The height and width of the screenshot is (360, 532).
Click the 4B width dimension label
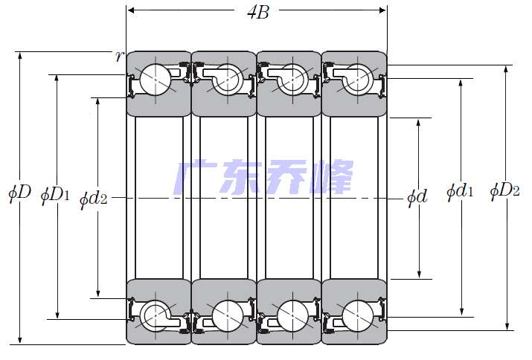[x=258, y=12]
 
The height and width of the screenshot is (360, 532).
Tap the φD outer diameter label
[x=19, y=193]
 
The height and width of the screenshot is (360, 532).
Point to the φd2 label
[x=93, y=199]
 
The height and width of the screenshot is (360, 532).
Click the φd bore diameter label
[x=417, y=197]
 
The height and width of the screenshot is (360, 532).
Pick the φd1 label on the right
[x=460, y=191]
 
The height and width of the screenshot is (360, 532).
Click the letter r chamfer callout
[x=118, y=56]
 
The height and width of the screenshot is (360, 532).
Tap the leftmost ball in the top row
[x=155, y=80]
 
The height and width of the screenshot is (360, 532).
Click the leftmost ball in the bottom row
[x=155, y=315]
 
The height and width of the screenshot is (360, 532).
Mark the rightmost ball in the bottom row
[x=358, y=315]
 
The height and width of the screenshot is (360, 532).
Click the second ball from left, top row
[x=228, y=80]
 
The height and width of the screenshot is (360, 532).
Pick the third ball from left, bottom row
[x=293, y=315]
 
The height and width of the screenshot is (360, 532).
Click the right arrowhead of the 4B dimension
[x=382, y=10]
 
